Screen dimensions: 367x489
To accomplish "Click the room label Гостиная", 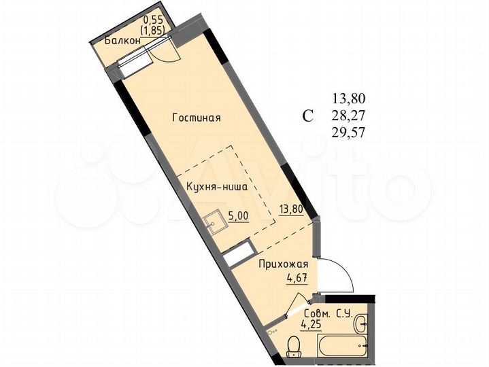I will (x=197, y=118).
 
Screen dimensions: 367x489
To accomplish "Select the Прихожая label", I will (x=284, y=264).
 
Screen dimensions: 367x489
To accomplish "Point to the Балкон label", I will (x=123, y=40).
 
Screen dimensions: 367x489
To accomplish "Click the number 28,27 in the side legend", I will (x=348, y=116).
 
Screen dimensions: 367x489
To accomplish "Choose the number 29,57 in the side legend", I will (x=348, y=133).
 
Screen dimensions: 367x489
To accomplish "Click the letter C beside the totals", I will (x=308, y=116).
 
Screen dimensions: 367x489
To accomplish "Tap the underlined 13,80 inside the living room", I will (x=290, y=209).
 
